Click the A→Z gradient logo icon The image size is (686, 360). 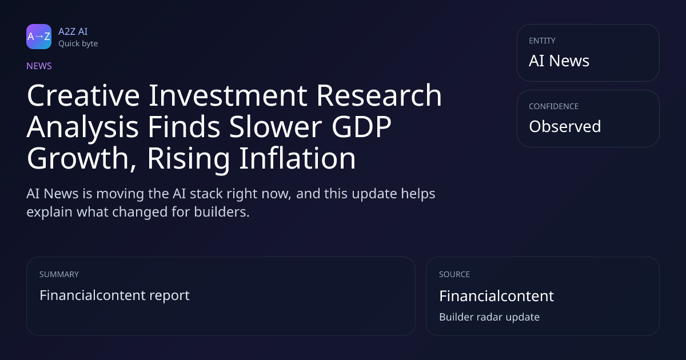pyautogui.click(x=39, y=37)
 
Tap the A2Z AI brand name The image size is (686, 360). pyautogui.click(x=73, y=31)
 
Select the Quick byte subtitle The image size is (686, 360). pyautogui.click(x=78, y=44)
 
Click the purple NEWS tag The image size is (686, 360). pyautogui.click(x=39, y=66)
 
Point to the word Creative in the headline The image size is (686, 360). pyautogui.click(x=83, y=95)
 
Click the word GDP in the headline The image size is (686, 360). pyautogui.click(x=361, y=127)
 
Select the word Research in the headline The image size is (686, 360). pyautogui.click(x=379, y=95)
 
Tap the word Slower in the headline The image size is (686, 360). pyautogui.click(x=276, y=127)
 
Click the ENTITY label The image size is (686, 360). pyautogui.click(x=542, y=41)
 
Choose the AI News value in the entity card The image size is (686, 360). pyautogui.click(x=559, y=61)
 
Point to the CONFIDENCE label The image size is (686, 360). pyautogui.click(x=554, y=106)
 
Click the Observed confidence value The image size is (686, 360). pyautogui.click(x=565, y=126)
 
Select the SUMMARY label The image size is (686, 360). pyautogui.click(x=59, y=274)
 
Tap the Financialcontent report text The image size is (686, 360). pyautogui.click(x=114, y=295)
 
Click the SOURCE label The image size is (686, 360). pyautogui.click(x=454, y=274)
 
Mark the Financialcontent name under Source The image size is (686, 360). pyautogui.click(x=496, y=296)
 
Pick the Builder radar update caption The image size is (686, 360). pyautogui.click(x=489, y=317)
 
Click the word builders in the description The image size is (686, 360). pyautogui.click(x=222, y=212)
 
